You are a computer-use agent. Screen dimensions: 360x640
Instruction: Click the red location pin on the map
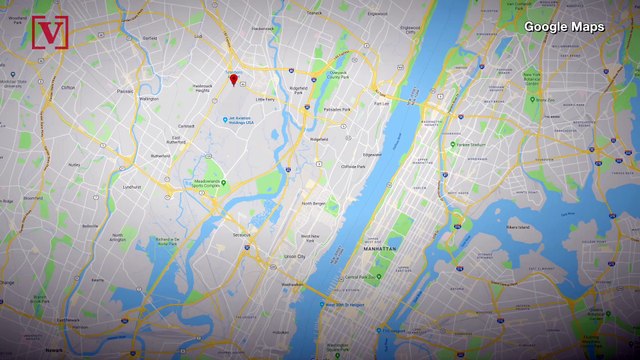pos(233,79)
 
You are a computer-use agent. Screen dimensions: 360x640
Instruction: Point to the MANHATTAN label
pos(379,246)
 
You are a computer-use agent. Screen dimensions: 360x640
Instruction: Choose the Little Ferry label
pos(265,101)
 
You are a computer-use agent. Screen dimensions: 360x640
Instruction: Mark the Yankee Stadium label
pos(470,144)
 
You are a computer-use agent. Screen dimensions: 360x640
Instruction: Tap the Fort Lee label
pos(382,103)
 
